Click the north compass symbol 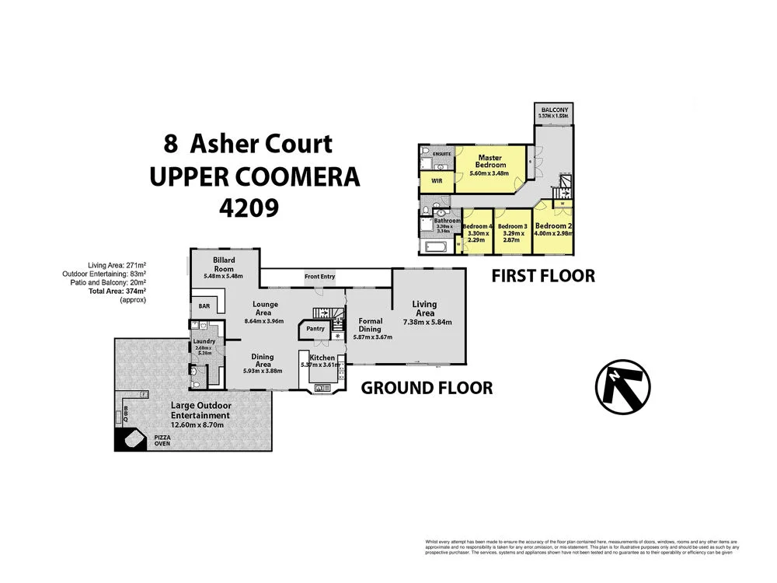pyautogui.click(x=623, y=386)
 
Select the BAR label pyautogui.click(x=205, y=306)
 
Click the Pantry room pyautogui.click(x=315, y=329)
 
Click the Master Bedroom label pyautogui.click(x=490, y=161)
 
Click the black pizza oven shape pyautogui.click(x=130, y=438)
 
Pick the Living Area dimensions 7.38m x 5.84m pyautogui.click(x=427, y=322)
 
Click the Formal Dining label pyautogui.click(x=370, y=325)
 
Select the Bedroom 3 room pyautogui.click(x=513, y=232)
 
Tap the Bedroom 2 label pyautogui.click(x=554, y=226)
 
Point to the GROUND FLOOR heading pyautogui.click(x=427, y=387)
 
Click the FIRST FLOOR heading pyautogui.click(x=543, y=275)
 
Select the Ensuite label pyautogui.click(x=430, y=154)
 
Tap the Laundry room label pyautogui.click(x=206, y=340)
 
